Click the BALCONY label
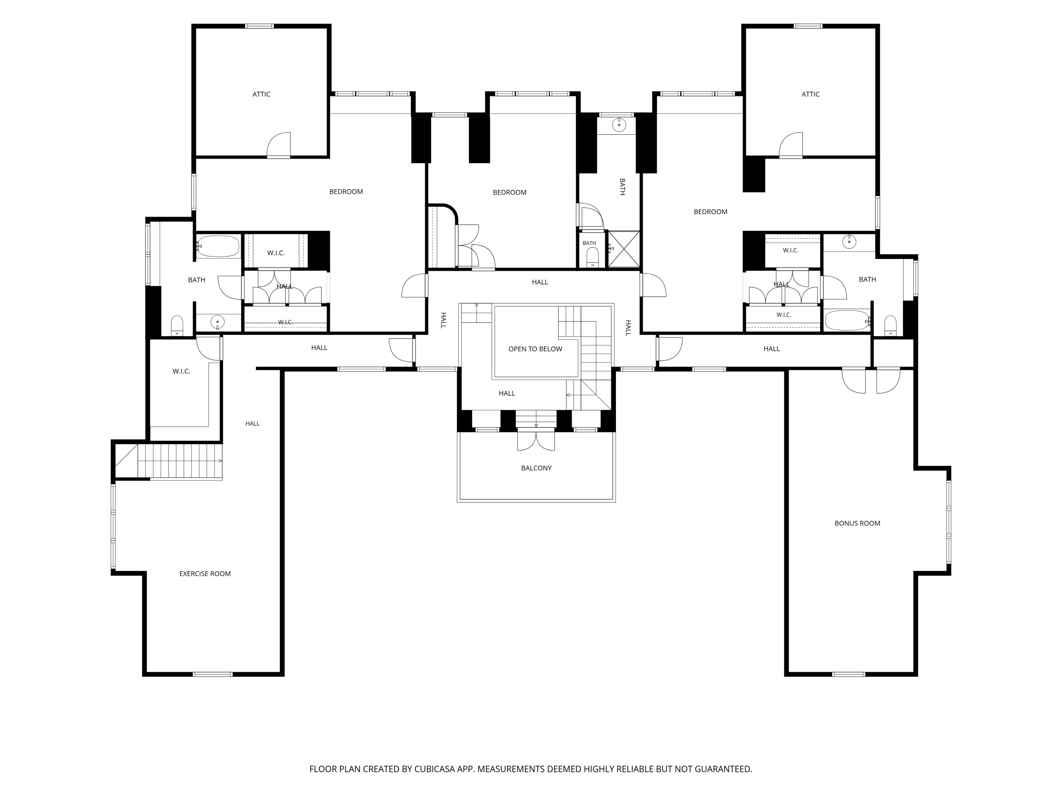(x=536, y=468)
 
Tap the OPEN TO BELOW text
(x=535, y=349)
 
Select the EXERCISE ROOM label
(x=205, y=573)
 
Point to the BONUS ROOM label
(x=857, y=523)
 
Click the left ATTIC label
(x=261, y=94)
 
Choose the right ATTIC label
(x=810, y=94)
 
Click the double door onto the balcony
(x=536, y=441)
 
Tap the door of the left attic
(x=279, y=145)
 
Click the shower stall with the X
(x=624, y=249)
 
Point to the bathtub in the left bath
(x=218, y=246)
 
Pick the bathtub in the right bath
(x=847, y=321)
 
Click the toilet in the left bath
(x=177, y=325)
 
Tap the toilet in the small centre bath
(x=593, y=257)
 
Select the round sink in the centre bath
(x=619, y=125)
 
